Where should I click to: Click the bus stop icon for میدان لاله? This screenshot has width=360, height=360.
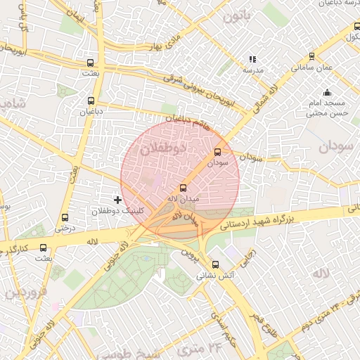pos(184,188)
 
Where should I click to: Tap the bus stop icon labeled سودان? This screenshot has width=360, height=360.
pos(217,152)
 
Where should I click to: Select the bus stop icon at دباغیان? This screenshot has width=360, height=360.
pos(91,101)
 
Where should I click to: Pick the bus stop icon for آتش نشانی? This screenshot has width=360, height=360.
pos(216,265)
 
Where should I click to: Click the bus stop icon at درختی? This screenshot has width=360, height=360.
pos(65,217)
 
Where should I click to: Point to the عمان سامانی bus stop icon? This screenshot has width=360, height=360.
pos(311,56)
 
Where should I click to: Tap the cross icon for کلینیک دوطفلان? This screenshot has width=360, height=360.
pos(117,200)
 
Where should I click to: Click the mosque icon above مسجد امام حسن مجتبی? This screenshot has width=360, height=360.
pos(327,92)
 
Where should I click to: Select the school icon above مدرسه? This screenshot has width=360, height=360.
pos(252,60)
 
